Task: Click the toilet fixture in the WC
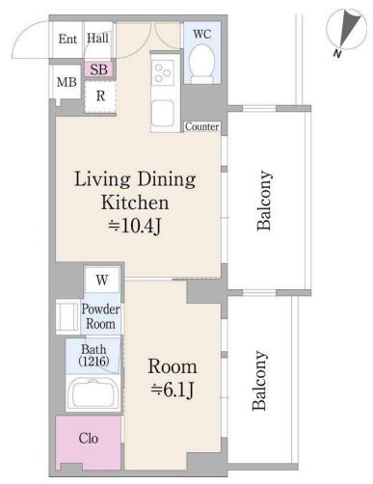(x=201, y=64)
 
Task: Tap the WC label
(x=201, y=34)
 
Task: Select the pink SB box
(x=99, y=69)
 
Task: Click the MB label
(x=67, y=82)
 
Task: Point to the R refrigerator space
(x=100, y=95)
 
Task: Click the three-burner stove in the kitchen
(x=163, y=72)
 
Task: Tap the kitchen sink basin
(x=163, y=113)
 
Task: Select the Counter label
(x=202, y=126)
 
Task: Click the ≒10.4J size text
(x=135, y=227)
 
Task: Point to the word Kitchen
(x=135, y=202)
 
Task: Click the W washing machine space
(x=102, y=280)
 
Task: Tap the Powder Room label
(x=100, y=316)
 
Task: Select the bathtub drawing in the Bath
(x=93, y=393)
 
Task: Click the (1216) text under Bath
(x=93, y=362)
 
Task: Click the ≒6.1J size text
(x=173, y=390)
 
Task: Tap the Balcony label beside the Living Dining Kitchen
(x=264, y=201)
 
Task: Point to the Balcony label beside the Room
(x=259, y=381)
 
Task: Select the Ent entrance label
(x=67, y=40)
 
